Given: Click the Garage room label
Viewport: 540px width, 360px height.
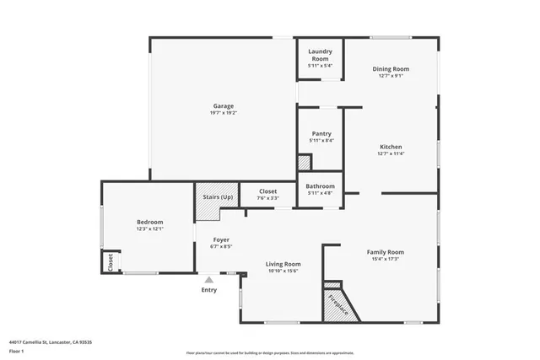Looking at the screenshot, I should pyautogui.click(x=223, y=106).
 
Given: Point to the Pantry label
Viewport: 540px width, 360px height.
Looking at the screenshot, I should pyautogui.click(x=321, y=133).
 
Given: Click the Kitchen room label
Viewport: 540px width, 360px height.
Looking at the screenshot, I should pyautogui.click(x=391, y=147).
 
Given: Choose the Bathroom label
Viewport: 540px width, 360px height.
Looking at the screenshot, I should pyautogui.click(x=320, y=186).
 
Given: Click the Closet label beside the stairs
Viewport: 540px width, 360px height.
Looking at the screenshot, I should pyautogui.click(x=267, y=191).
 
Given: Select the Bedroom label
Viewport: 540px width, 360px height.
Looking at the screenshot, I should pyautogui.click(x=149, y=222).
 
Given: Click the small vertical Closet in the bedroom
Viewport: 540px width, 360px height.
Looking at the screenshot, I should pyautogui.click(x=109, y=262).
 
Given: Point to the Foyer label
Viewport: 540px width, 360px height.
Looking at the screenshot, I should pyautogui.click(x=219, y=239).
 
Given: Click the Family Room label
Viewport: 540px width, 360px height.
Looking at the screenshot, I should pyautogui.click(x=385, y=252).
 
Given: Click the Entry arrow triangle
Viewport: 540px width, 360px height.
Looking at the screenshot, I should pyautogui.click(x=208, y=279).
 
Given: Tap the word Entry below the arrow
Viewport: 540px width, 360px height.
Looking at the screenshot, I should pyautogui.click(x=208, y=290).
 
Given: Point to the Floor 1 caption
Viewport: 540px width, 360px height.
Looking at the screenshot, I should pyautogui.click(x=16, y=351).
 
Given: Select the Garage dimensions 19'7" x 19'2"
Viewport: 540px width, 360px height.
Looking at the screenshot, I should pyautogui.click(x=223, y=113).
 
